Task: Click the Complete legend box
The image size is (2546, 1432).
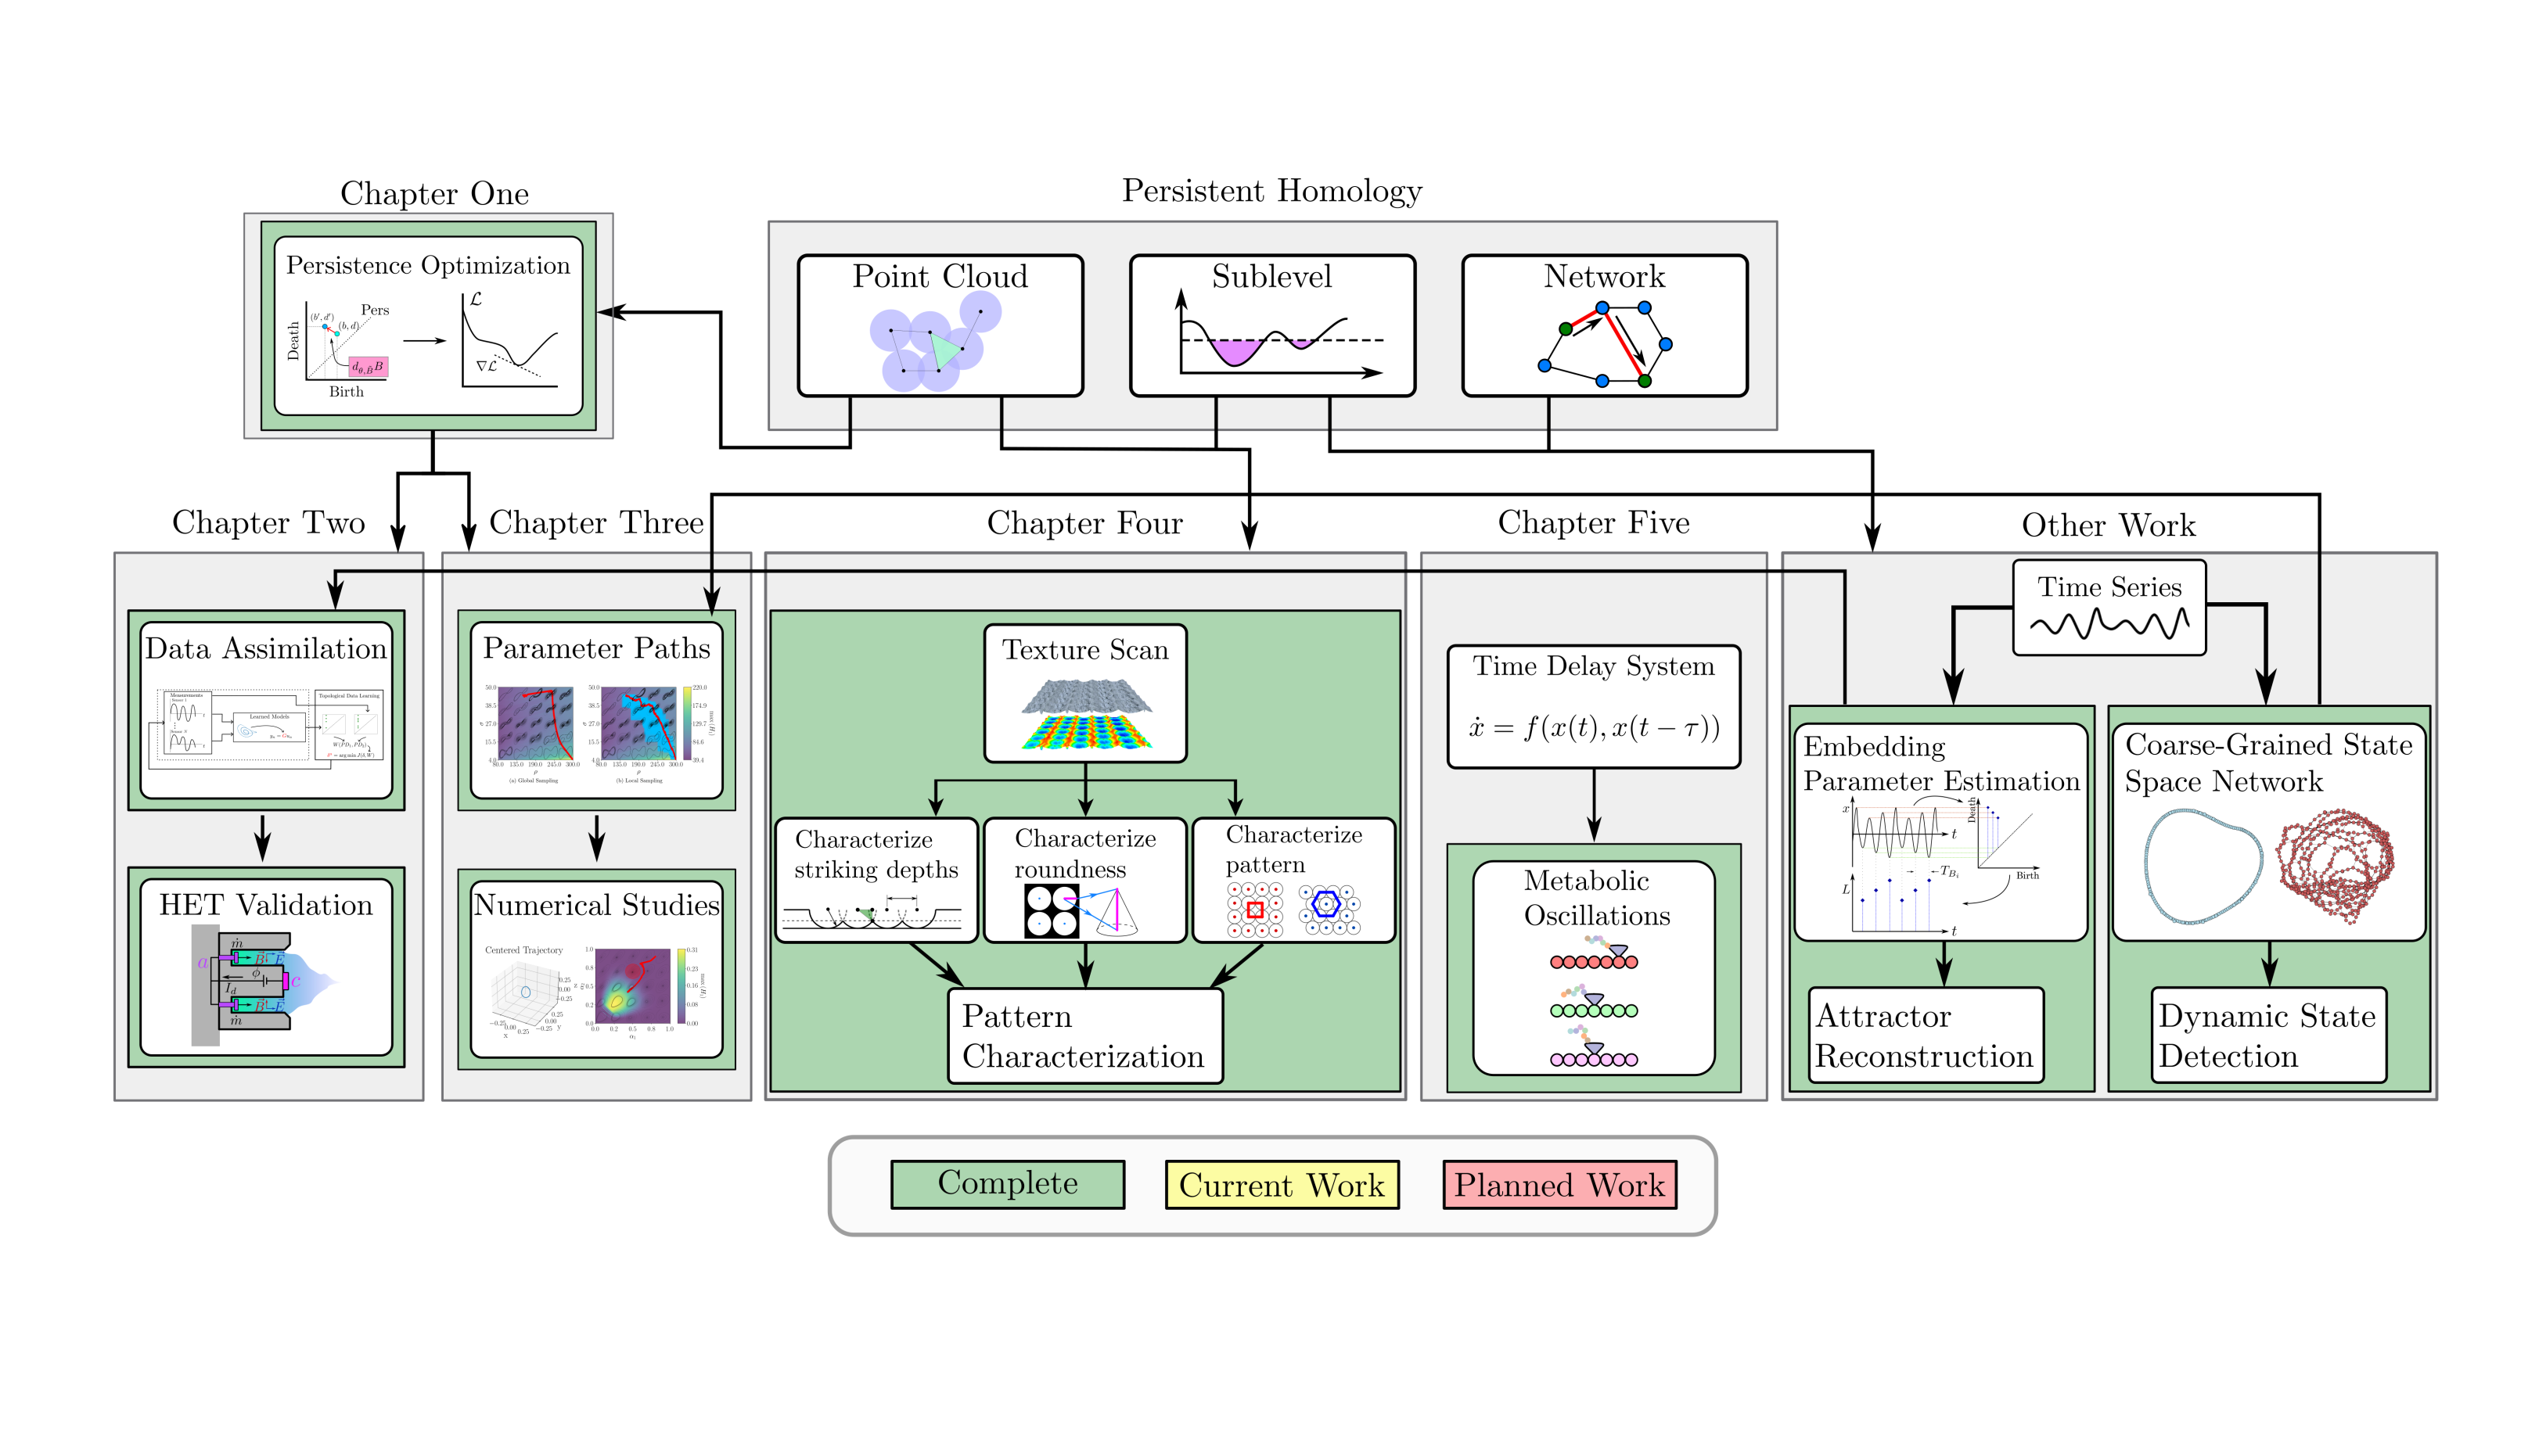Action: [1007, 1184]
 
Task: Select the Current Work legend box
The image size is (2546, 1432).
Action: [1282, 1184]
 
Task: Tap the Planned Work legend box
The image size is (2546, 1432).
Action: [1559, 1184]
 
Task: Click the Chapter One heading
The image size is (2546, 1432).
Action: [434, 194]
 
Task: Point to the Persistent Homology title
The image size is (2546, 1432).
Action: [1272, 191]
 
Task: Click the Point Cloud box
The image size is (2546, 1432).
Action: [940, 325]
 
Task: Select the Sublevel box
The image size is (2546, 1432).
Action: [1272, 325]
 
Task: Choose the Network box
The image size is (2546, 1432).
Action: [1604, 325]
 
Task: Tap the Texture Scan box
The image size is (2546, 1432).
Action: [1085, 693]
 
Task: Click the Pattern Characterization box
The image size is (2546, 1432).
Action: [1084, 1035]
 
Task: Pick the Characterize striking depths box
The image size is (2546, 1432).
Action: [876, 880]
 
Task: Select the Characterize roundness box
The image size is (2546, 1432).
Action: [1085, 880]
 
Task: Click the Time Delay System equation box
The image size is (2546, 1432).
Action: [1593, 706]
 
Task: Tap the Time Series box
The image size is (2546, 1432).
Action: [2109, 607]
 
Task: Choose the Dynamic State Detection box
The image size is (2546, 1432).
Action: [2268, 1035]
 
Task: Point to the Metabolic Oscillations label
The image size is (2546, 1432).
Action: [1595, 897]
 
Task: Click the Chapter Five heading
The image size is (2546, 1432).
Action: [1593, 522]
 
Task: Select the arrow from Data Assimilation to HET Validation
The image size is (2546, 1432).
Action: [262, 838]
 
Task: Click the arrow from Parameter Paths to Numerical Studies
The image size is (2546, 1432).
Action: [596, 838]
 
